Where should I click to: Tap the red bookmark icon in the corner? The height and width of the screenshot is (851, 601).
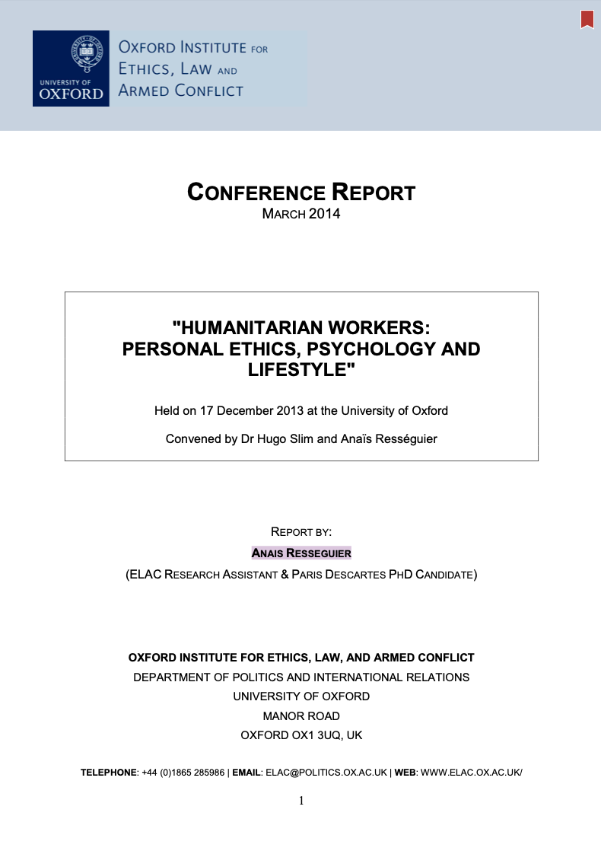(x=587, y=19)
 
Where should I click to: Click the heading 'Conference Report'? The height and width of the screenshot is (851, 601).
(x=301, y=193)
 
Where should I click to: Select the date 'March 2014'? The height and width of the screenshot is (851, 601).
(x=301, y=214)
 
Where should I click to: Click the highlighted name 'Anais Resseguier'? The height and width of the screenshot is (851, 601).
(x=301, y=553)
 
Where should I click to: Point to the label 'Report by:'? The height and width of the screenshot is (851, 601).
(x=301, y=531)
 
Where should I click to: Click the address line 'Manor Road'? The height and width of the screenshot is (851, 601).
(x=301, y=716)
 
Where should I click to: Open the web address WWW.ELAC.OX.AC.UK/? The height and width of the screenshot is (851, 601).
(x=471, y=773)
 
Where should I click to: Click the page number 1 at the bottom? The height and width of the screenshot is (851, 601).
(x=301, y=800)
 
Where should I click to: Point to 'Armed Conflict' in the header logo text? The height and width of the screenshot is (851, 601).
(x=180, y=91)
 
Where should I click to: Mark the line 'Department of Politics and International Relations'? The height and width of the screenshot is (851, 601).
(x=301, y=677)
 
